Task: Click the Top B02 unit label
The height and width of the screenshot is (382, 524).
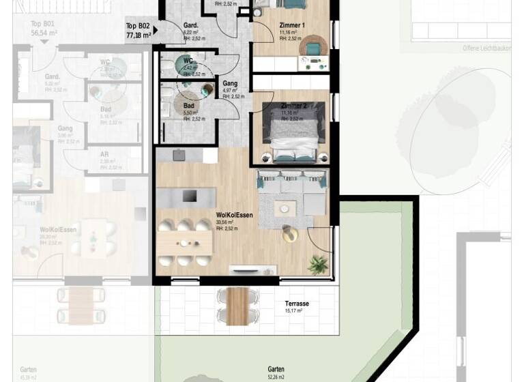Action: pos(138,31)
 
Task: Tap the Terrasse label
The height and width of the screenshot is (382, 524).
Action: pos(297,304)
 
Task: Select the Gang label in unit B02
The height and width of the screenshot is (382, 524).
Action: pos(230,83)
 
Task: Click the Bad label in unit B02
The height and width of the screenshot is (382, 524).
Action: pos(189,106)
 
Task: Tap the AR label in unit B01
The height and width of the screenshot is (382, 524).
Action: pos(104,154)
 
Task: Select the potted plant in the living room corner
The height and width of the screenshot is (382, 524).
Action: pos(317,264)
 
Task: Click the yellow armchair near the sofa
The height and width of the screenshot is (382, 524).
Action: pos(291,234)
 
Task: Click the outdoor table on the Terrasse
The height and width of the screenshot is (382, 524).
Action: pos(235,306)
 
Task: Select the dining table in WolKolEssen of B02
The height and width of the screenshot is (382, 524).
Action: pos(184,242)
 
